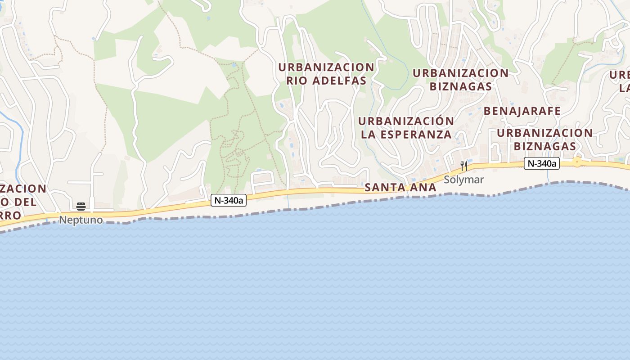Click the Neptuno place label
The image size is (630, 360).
click(81, 220)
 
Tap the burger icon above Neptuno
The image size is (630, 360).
click(81, 207)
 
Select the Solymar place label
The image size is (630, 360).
click(464, 180)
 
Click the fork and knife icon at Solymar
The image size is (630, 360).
click(464, 166)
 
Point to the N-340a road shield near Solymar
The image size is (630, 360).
click(542, 164)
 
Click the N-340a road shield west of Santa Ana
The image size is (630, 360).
click(229, 201)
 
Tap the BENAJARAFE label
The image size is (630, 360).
click(522, 111)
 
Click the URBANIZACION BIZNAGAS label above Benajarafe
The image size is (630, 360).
click(461, 79)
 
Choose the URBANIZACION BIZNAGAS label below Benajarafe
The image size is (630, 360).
click(544, 139)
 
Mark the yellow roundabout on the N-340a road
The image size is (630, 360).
click(576, 162)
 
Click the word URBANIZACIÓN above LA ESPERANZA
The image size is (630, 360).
click(406, 121)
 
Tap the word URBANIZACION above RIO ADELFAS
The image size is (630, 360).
click(326, 67)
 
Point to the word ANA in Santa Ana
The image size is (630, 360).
click(423, 187)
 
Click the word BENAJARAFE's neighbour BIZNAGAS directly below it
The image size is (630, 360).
click(544, 146)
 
